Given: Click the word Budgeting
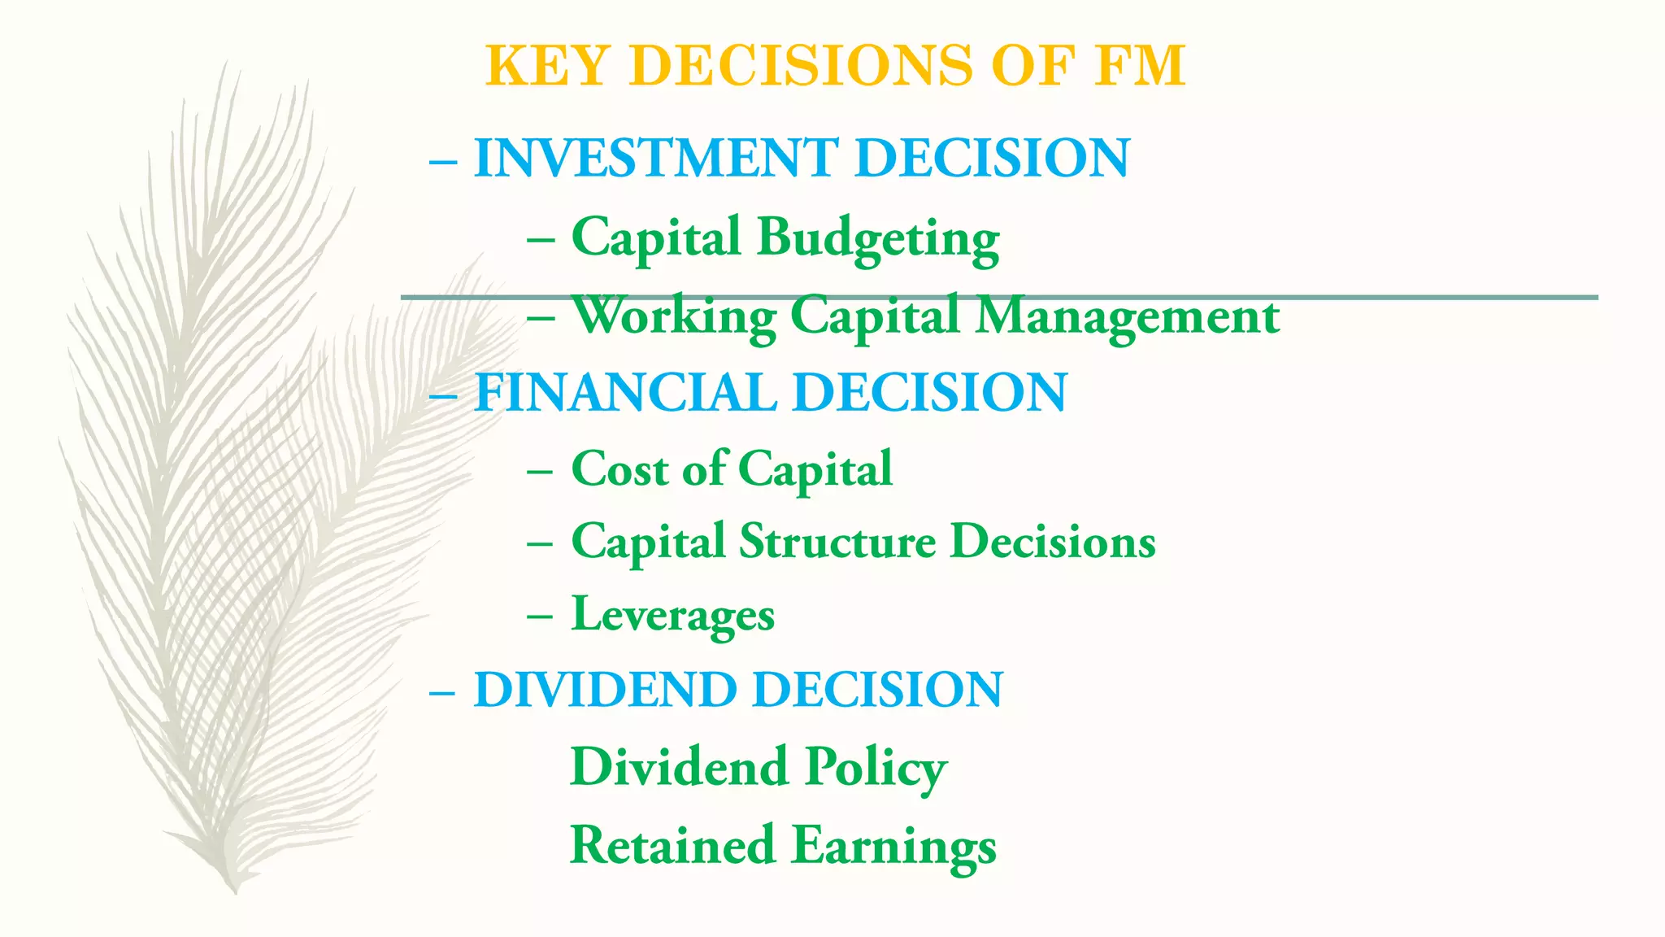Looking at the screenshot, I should tap(878, 238).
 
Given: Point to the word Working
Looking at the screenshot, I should tap(675, 316).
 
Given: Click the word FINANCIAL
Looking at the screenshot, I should tap(624, 393).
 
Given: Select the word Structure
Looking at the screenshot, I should tap(837, 542).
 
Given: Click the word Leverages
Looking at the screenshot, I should tap(673, 615).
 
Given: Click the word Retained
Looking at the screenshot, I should tap(672, 845).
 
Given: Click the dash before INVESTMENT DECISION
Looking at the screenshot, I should tap(443, 160).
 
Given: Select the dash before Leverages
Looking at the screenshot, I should tap(540, 617).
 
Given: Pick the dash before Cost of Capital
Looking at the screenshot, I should tap(540, 472).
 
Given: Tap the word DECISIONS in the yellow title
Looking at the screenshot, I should tap(801, 66).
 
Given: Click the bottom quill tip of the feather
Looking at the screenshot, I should tap(235, 890).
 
